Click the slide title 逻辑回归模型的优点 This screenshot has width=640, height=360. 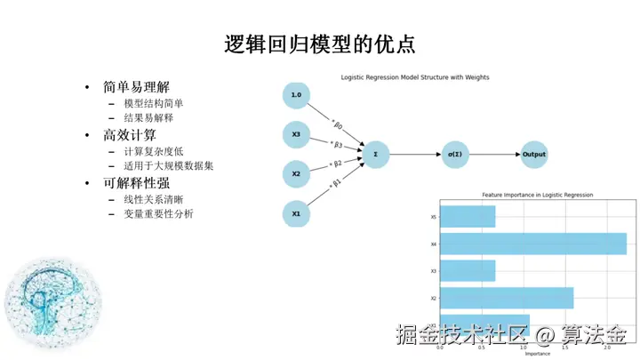tap(319, 44)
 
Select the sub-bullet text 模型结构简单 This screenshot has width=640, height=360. tap(154, 103)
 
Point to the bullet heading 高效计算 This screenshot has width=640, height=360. tap(129, 135)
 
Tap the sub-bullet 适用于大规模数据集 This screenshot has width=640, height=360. tap(169, 165)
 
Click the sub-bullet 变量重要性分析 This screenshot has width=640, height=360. tap(158, 213)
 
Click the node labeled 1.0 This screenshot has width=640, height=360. tap(296, 95)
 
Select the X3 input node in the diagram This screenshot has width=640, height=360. tap(296, 135)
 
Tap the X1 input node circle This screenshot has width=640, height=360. tap(296, 214)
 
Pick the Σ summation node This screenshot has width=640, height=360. tap(376, 155)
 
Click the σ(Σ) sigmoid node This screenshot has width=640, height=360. tap(454, 155)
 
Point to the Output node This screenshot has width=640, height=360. tap(534, 155)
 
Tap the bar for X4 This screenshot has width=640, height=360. tap(533, 244)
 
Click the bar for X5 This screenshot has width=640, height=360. tap(468, 217)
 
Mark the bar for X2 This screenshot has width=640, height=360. tap(507, 298)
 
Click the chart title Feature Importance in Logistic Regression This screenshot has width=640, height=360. tap(537, 195)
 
